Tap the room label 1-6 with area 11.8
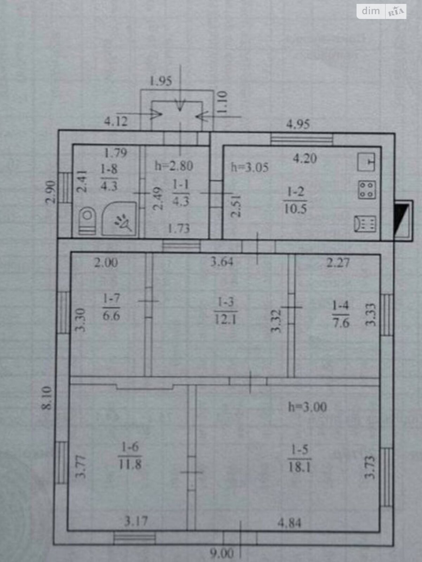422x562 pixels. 130,456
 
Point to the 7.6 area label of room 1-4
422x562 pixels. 341,322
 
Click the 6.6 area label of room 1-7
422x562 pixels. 111,315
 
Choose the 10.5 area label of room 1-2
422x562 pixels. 295,209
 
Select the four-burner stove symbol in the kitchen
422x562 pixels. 367,190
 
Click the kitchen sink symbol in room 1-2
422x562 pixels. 367,162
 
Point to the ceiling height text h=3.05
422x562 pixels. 250,167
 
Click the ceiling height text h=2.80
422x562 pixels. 174,165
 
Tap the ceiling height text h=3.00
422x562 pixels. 307,407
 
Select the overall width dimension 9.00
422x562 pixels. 222,554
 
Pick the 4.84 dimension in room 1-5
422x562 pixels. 289,523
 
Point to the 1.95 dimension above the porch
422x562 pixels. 161,81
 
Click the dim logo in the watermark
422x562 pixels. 371,11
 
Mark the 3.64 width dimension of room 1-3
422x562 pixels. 222,262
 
